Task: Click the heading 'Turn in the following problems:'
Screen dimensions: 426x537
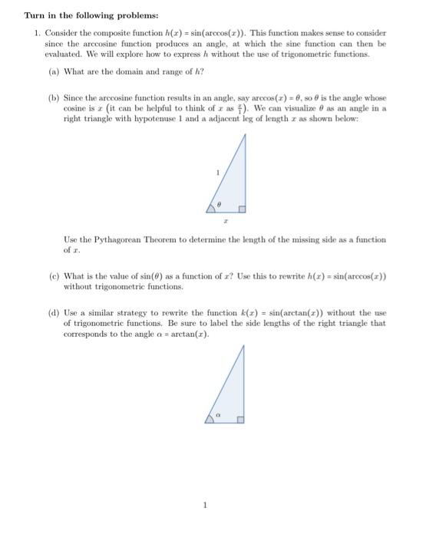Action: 91,15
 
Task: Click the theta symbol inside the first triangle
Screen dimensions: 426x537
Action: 219,204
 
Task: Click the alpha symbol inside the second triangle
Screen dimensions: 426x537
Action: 218,415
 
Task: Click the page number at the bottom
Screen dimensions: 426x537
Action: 206,505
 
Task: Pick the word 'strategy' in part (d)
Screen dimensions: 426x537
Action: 134,313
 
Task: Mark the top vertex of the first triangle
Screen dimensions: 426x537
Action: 246,134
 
